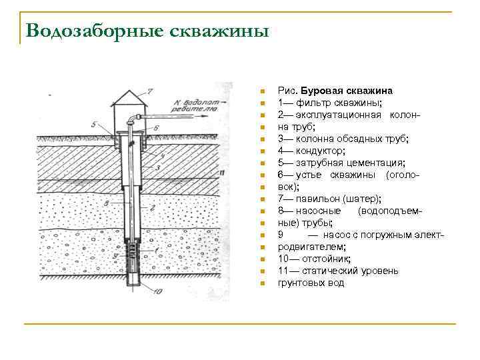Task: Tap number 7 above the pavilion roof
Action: click(150, 89)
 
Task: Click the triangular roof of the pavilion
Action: click(131, 97)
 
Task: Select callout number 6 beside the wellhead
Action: click(155, 126)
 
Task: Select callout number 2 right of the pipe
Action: click(153, 209)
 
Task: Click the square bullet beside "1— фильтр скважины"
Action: click(263, 103)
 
